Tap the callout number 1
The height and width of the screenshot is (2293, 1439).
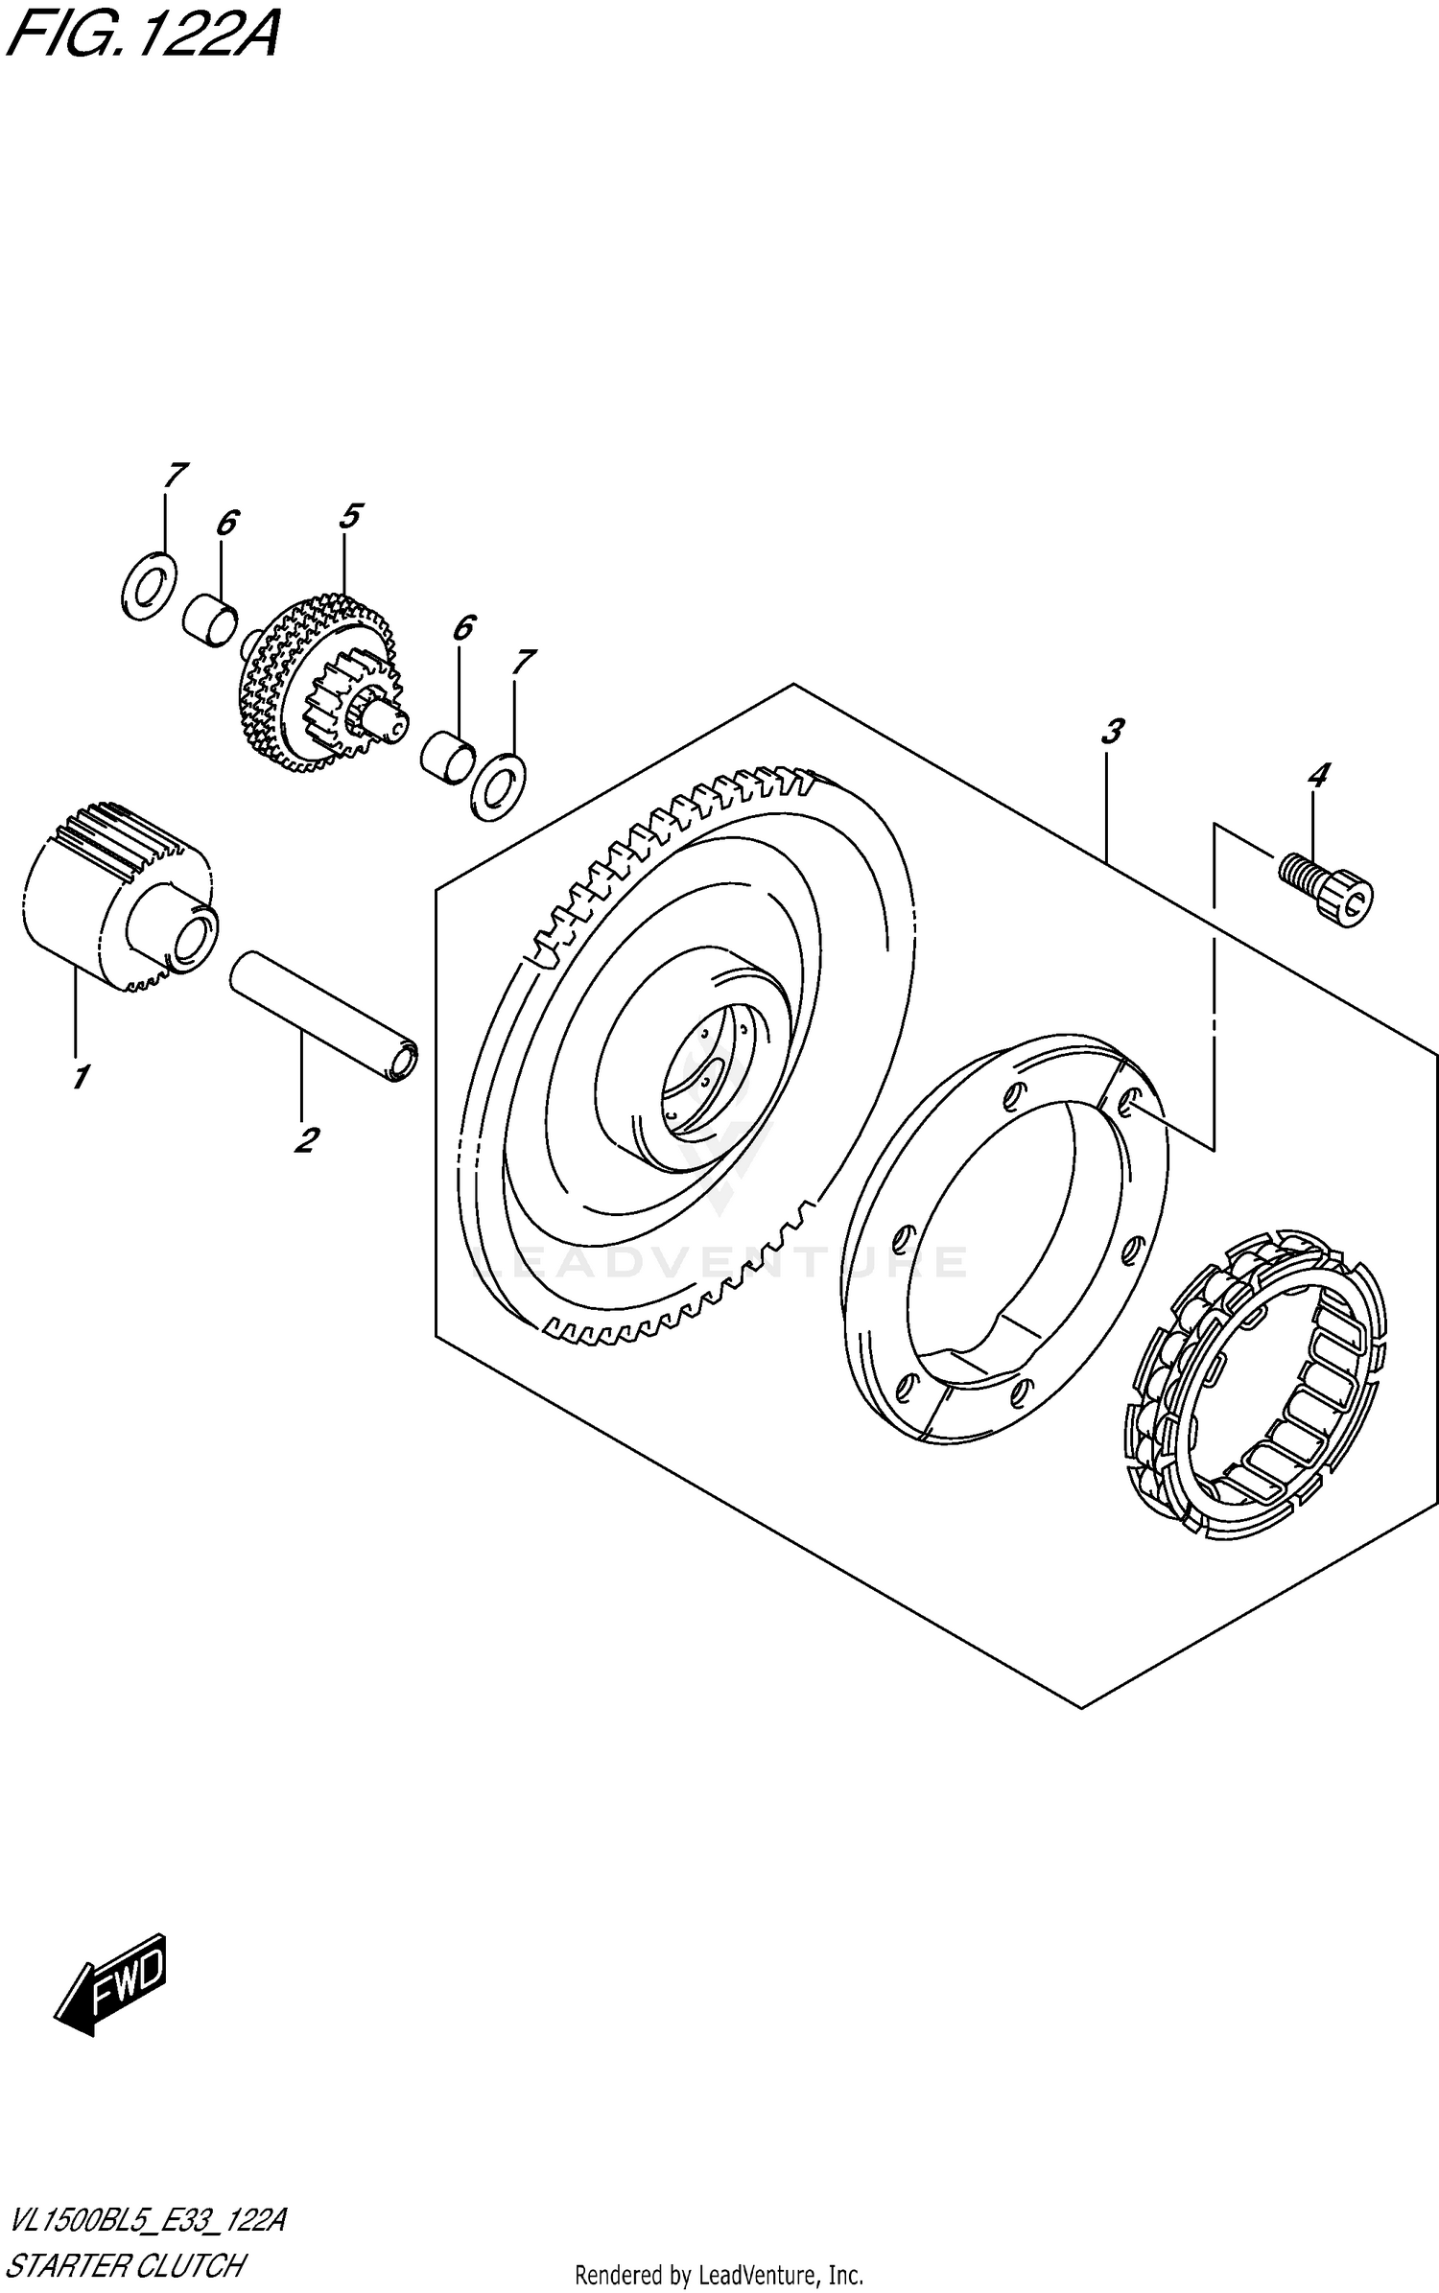pyautogui.click(x=81, y=1077)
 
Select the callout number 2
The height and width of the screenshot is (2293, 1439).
pyautogui.click(x=305, y=1140)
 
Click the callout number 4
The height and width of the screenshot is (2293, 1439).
pyautogui.click(x=1318, y=775)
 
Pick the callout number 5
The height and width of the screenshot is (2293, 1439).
pyautogui.click(x=349, y=516)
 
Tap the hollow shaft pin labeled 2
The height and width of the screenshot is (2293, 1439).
pyautogui.click(x=324, y=1017)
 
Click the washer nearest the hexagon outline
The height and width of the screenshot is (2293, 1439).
pyautogui.click(x=499, y=788)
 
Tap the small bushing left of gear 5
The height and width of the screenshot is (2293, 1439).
pyautogui.click(x=210, y=620)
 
